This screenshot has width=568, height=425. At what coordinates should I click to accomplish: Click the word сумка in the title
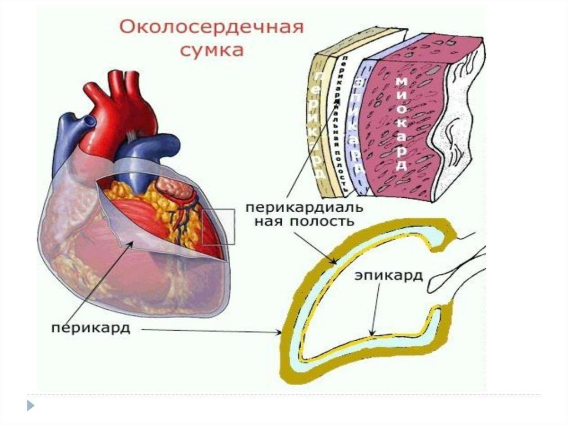[213, 50]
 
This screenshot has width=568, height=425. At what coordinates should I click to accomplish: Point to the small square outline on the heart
[218, 226]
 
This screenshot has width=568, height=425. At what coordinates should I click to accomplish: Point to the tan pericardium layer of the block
[322, 122]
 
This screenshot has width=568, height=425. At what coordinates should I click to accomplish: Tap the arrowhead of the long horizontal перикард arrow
[280, 333]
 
